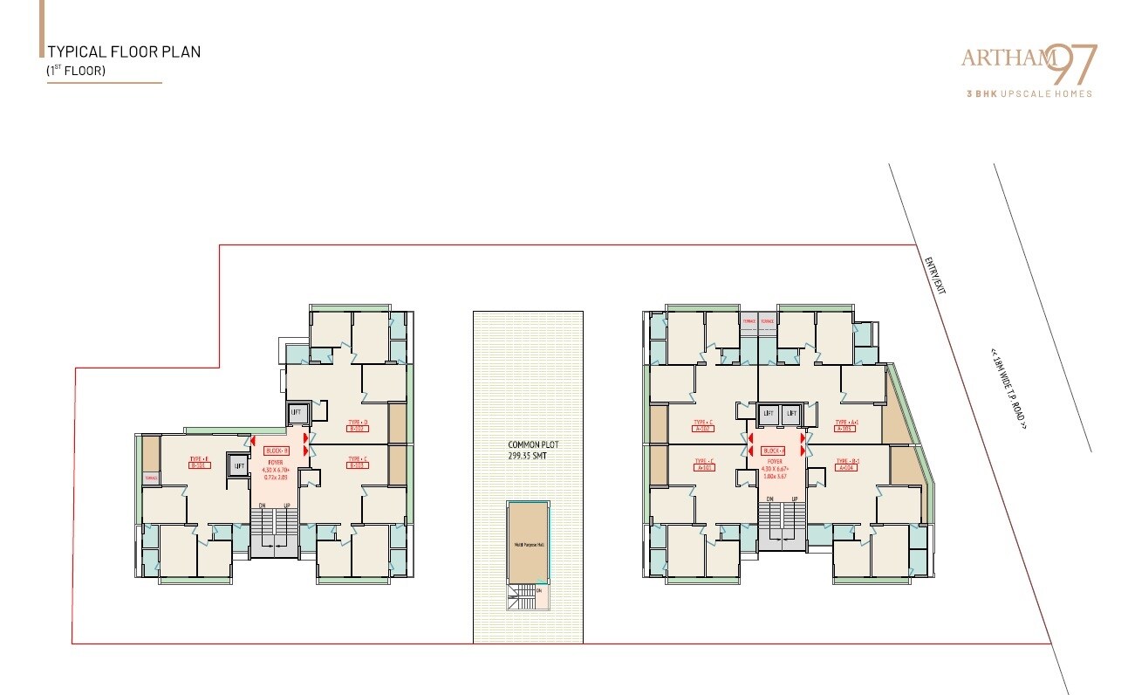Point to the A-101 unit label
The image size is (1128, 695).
point(704,467)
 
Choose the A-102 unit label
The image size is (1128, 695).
point(704,429)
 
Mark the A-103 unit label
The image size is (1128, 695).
point(844,429)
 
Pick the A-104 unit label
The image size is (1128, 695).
point(844,467)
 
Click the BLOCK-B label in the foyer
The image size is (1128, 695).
point(277,451)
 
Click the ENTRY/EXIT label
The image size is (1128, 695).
point(934,276)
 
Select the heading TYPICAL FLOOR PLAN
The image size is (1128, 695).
point(124,52)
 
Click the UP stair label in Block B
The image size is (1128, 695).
point(287,506)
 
